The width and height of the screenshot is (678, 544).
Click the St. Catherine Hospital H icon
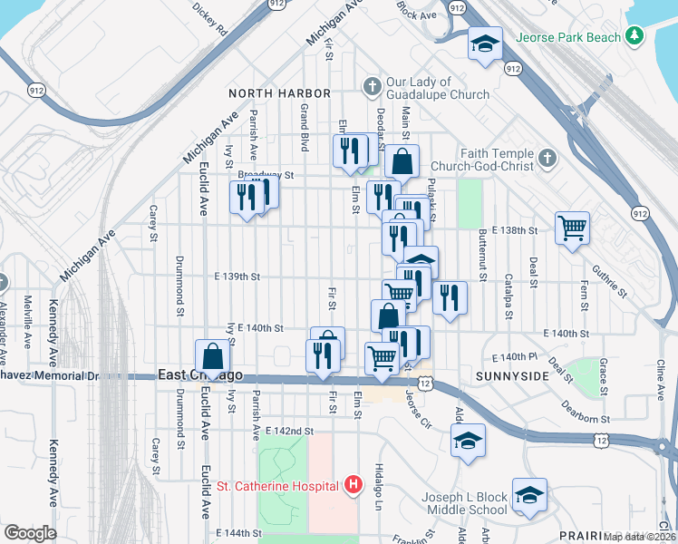click(x=354, y=486)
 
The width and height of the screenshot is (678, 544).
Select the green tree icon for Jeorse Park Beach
click(x=636, y=36)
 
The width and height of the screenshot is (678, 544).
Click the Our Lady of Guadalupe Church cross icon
click(x=370, y=87)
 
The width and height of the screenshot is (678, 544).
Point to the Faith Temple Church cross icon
click(x=546, y=159)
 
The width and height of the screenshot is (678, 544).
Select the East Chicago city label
click(x=200, y=374)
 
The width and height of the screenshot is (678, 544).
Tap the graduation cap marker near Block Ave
click(x=485, y=43)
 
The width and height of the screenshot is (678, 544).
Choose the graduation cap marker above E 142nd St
click(x=467, y=442)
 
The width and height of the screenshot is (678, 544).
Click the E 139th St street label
click(x=237, y=277)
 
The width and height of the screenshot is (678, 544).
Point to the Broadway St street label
click(x=266, y=174)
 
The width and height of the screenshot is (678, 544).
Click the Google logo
click(x=30, y=532)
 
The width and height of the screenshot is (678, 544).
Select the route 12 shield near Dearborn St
click(x=602, y=440)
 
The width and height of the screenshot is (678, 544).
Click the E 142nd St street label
click(x=289, y=432)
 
